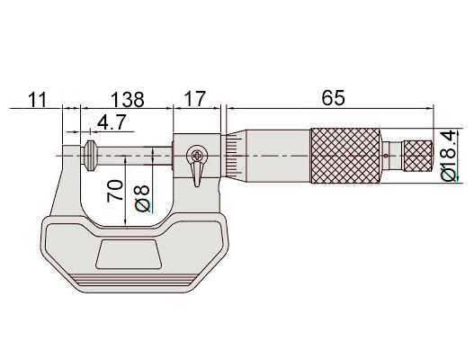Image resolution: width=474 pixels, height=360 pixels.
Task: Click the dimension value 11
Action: click(38, 100)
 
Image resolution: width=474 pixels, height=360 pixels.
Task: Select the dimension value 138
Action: click(128, 100)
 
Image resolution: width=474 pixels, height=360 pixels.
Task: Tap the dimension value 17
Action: click(195, 98)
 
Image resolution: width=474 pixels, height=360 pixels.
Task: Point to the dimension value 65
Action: click(333, 98)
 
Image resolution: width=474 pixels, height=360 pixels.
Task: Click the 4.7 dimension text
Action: click(111, 122)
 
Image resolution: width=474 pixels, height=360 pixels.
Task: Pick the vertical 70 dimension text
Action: click(115, 191)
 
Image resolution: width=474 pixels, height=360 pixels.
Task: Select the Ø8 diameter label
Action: click(143, 199)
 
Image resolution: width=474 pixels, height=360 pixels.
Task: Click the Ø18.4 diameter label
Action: click(449, 156)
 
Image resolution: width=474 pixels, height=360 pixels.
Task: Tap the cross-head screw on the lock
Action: click(197, 156)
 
